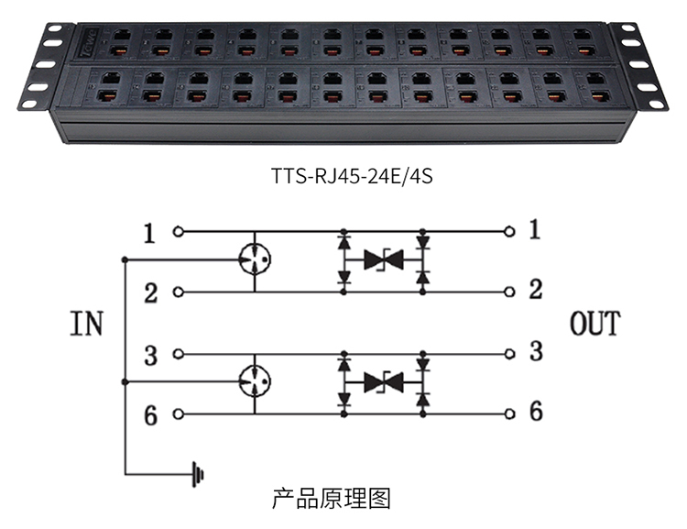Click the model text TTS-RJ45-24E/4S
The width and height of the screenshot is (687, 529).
click(x=353, y=176)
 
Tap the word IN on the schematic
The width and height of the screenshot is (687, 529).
click(x=86, y=324)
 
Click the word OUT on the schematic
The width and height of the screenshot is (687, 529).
click(x=595, y=324)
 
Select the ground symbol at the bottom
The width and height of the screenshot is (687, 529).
click(x=198, y=474)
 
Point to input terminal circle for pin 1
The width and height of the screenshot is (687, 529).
click(x=178, y=231)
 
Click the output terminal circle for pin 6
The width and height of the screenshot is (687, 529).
click(x=509, y=413)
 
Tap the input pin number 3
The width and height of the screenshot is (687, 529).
click(x=151, y=355)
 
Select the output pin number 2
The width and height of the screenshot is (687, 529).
click(x=536, y=290)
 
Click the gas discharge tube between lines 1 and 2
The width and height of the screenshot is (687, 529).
click(x=255, y=259)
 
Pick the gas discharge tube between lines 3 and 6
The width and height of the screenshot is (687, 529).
click(x=255, y=381)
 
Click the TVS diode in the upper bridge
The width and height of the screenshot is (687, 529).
click(x=384, y=259)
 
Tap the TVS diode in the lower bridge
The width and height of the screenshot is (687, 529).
click(x=384, y=382)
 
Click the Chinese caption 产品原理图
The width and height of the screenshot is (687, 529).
click(x=331, y=499)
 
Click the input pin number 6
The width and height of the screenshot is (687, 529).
click(x=151, y=415)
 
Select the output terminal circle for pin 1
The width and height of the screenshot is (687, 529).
click(x=509, y=231)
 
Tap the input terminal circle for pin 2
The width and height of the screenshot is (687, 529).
click(x=178, y=292)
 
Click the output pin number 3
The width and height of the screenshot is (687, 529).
click(x=536, y=351)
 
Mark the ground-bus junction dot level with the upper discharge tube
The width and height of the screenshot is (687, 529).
click(x=125, y=259)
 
